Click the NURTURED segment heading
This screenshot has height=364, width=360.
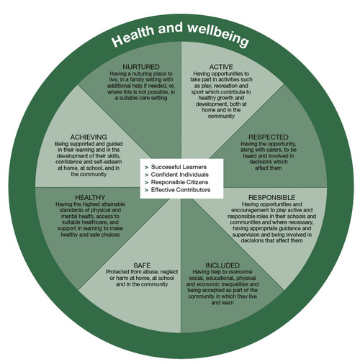click(141, 67)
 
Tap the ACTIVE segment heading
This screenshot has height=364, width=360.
click(221, 67)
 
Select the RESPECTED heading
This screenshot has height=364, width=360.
click(269, 137)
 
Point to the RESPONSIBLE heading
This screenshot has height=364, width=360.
click(271, 197)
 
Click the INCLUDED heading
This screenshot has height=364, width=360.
click(222, 265)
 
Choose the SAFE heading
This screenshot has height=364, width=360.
click(142, 265)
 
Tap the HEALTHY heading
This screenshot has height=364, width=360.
click(90, 197)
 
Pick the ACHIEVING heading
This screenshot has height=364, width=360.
click(89, 137)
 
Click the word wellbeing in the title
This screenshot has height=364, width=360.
click(218, 35)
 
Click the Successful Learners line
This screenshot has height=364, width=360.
click(179, 167)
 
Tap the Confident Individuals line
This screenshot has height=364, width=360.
click(180, 175)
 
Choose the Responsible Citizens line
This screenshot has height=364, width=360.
click(179, 182)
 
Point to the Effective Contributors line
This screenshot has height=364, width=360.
click(181, 190)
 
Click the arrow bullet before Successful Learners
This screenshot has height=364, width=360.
click(147, 168)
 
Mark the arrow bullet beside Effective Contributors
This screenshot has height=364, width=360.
click(147, 191)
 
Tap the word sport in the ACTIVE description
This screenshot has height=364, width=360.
click(197, 92)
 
